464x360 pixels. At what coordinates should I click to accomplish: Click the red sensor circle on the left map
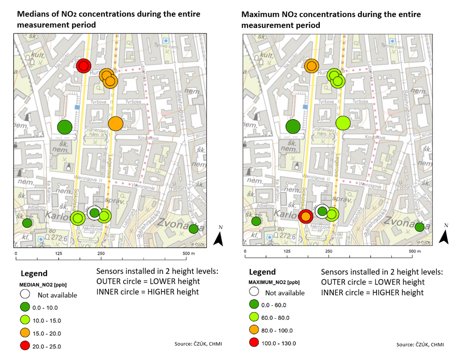pyautogui.click(x=83, y=66)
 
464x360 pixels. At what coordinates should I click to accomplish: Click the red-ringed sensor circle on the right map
pyautogui.click(x=306, y=217)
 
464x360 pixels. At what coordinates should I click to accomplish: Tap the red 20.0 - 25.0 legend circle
pyautogui.click(x=25, y=346)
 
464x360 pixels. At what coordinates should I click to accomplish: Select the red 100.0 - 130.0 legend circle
pyautogui.click(x=255, y=343)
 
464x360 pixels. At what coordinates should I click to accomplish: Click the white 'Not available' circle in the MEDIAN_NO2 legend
pyautogui.click(x=25, y=294)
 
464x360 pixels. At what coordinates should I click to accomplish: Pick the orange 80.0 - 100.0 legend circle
pyautogui.click(x=255, y=330)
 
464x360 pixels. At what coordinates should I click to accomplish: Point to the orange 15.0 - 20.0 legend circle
pyautogui.click(x=25, y=333)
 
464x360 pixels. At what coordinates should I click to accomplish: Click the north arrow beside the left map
pyautogui.click(x=219, y=239)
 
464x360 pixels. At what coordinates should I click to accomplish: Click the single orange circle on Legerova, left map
pyautogui.click(x=116, y=123)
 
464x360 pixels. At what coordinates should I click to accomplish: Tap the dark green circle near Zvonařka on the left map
pyautogui.click(x=194, y=229)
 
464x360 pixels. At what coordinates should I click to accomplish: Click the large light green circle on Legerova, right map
pyautogui.click(x=343, y=123)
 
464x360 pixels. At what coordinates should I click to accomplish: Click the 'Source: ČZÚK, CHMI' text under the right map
pyautogui.click(x=420, y=345)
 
